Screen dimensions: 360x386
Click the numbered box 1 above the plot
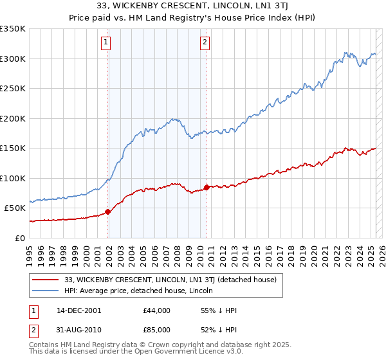point(106,43)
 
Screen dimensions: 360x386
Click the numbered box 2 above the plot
point(205,43)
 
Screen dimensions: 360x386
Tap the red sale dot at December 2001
point(107,212)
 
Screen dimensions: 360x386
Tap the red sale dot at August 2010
point(207,187)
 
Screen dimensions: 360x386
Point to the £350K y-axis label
point(13,29)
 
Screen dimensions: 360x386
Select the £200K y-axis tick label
point(13,118)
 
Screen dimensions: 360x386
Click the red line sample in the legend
point(46,280)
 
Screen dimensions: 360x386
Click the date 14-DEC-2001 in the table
point(78,310)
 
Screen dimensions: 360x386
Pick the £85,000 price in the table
point(156,332)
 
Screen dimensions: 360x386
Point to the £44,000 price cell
point(156,310)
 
